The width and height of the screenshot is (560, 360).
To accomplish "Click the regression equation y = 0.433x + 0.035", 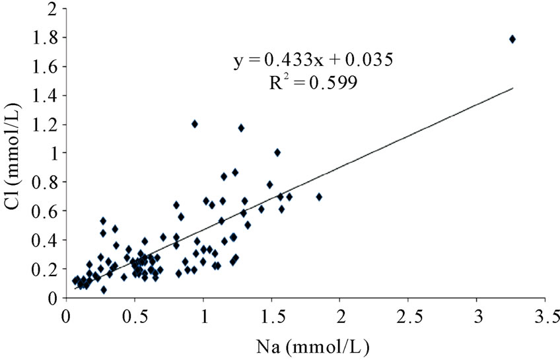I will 314,60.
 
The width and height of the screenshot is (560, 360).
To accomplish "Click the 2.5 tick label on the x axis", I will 409,312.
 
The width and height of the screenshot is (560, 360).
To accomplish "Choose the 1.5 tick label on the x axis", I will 272,312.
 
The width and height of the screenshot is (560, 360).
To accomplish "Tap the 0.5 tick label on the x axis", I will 135,312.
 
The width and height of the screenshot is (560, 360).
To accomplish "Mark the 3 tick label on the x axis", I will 477,312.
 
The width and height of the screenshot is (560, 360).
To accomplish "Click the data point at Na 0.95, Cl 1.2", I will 195,124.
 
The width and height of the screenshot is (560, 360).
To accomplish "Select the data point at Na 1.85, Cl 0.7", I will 319,197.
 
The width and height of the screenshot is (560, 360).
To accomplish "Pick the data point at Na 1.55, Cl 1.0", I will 277,153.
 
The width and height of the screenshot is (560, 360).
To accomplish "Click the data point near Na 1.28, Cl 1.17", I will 241,127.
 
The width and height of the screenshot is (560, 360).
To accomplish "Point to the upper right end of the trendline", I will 512,88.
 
